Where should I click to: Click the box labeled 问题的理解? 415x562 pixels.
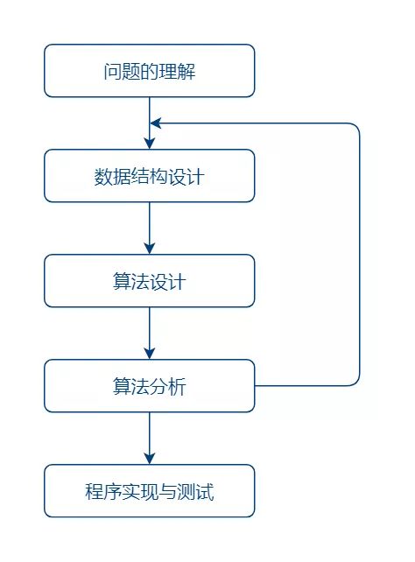pyautogui.click(x=150, y=71)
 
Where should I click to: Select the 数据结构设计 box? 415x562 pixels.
pyautogui.click(x=150, y=176)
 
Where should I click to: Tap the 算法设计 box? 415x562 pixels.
pyautogui.click(x=150, y=281)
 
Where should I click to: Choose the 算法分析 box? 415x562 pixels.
pyautogui.click(x=150, y=386)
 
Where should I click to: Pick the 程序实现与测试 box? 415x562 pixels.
pyautogui.click(x=150, y=491)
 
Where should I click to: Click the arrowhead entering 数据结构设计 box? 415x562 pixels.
pyautogui.click(x=150, y=144)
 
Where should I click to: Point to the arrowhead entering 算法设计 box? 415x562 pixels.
pyautogui.click(x=150, y=249)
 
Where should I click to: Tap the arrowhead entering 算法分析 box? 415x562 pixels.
pyautogui.click(x=150, y=354)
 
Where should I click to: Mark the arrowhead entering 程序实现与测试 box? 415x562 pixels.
pyautogui.click(x=150, y=459)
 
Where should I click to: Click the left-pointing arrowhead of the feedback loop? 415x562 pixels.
pyautogui.click(x=156, y=123)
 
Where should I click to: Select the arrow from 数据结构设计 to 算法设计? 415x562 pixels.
pyautogui.click(x=150, y=228)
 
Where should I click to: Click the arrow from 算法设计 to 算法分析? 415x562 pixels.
pyautogui.click(x=150, y=333)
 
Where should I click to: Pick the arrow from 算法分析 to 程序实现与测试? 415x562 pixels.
pyautogui.click(x=150, y=438)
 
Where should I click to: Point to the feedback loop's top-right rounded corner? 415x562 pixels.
pyautogui.click(x=356, y=127)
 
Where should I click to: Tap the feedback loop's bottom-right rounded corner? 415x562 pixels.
pyautogui.click(x=356, y=383)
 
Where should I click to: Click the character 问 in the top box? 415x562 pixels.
pyautogui.click(x=113, y=71)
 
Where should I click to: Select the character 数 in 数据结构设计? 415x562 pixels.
pyautogui.click(x=103, y=176)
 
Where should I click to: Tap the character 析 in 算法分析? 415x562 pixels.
pyautogui.click(x=177, y=386)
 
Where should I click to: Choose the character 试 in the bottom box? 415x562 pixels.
pyautogui.click(x=205, y=491)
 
